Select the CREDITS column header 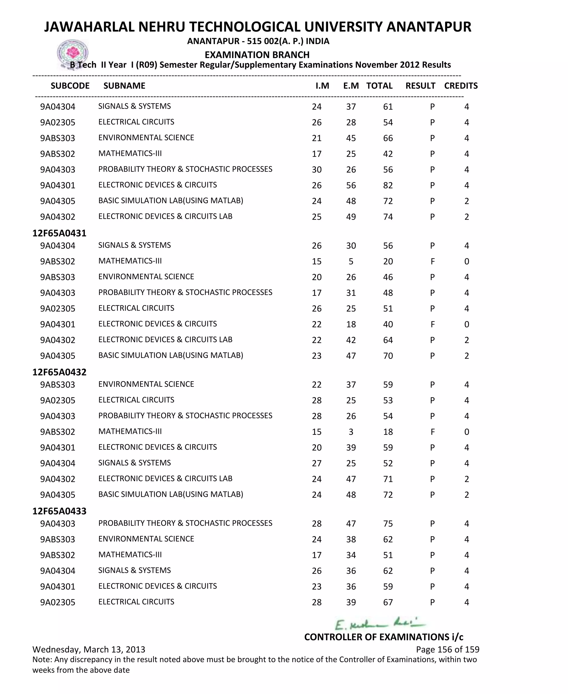(461, 86)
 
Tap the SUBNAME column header (124, 86)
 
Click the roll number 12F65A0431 (59, 233)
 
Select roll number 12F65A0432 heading (59, 372)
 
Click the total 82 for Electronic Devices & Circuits (388, 185)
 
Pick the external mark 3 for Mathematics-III (351, 432)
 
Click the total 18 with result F (388, 432)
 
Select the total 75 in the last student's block (388, 523)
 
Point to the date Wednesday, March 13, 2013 (89, 649)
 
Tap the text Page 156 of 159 (447, 649)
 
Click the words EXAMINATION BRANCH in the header (257, 55)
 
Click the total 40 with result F (388, 324)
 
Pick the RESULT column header (420, 86)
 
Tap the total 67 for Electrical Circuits (388, 602)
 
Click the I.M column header (322, 86)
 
